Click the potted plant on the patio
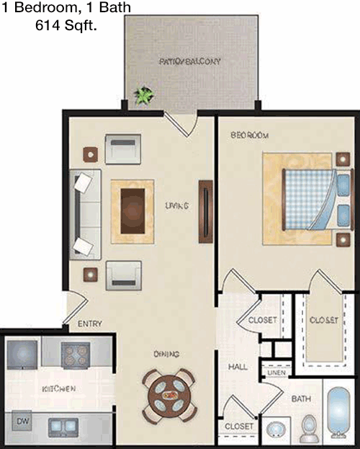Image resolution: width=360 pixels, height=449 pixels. coord(145,96)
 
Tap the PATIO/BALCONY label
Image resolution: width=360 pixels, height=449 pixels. coord(190,61)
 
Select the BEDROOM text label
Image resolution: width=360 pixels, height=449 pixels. coord(250,135)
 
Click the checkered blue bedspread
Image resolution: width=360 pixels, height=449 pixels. coord(307,200)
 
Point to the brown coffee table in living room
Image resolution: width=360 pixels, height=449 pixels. coord(132,211)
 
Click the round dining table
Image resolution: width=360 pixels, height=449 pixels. coord(169,396)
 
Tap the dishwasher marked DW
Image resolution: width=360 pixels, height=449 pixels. coord(22,421)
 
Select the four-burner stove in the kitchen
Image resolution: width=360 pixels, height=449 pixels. coord(75,355)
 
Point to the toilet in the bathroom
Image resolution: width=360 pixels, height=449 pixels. coord(310,429)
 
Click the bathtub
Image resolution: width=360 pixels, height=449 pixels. coord(338,412)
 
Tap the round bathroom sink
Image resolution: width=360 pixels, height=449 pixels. coord(276,430)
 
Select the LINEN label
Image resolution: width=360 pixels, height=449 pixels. coord(276,373)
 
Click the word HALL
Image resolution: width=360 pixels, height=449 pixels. coord(238,367)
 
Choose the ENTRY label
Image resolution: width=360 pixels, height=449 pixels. coord(90,324)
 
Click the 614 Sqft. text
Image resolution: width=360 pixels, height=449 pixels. coord(66,25)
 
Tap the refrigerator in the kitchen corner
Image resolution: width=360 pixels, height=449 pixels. coord(22,354)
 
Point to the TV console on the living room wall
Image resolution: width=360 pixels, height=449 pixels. coord(206,212)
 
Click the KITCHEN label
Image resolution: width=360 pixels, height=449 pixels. coord(59,388)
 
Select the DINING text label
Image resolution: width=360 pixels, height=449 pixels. coord(166,354)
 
